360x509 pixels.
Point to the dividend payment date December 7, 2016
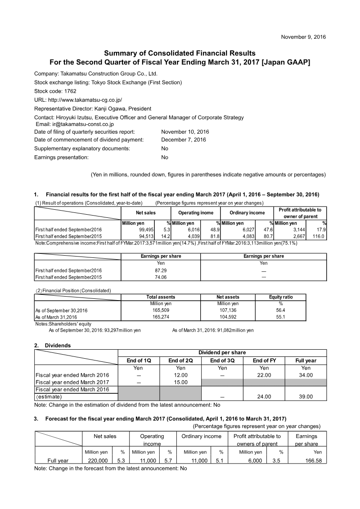pyautogui.click(x=183, y=140)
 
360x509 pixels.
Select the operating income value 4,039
pyautogui.click(x=192, y=236)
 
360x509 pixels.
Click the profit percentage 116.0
pyautogui.click(x=319, y=236)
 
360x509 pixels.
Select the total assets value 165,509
pyautogui.click(x=161, y=310)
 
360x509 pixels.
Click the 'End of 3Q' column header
pyautogui.click(x=222, y=360)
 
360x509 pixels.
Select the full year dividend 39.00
pyautogui.click(x=306, y=396)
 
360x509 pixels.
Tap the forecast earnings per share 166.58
pyautogui.click(x=312, y=460)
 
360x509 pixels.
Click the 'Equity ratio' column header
pyautogui.click(x=281, y=297)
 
